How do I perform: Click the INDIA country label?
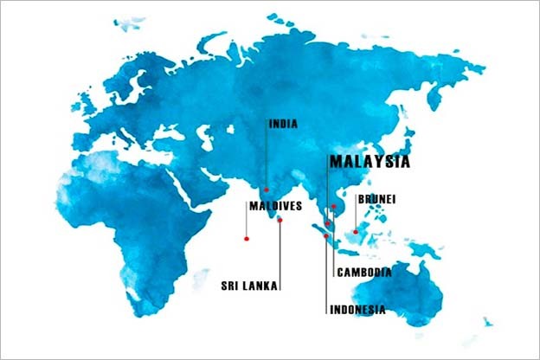(284, 124)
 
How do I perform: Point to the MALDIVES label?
(274, 207)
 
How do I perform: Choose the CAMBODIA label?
(363, 272)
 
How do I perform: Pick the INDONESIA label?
(357, 309)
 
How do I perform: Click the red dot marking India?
(267, 190)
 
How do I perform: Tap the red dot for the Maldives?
(247, 238)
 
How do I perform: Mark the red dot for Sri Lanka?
(280, 220)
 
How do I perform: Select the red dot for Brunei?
(356, 231)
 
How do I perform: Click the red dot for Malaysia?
(328, 223)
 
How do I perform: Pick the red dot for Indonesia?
(326, 235)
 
